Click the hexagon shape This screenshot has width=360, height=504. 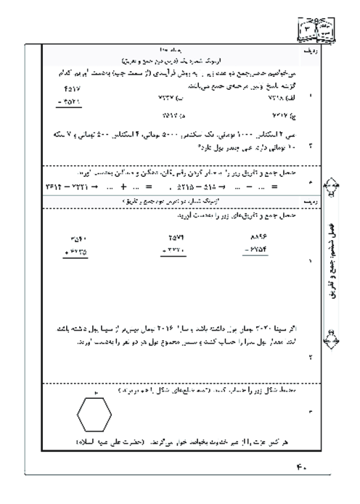(94, 416)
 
